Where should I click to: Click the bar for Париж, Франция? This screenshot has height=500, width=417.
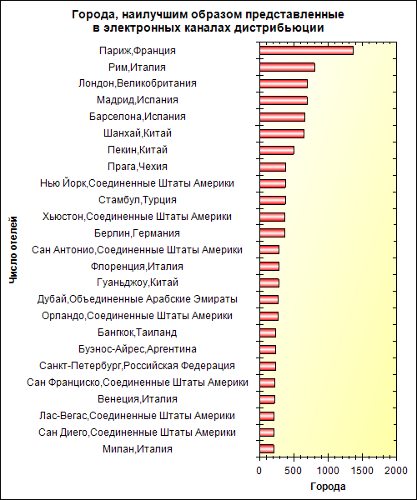point(306,51)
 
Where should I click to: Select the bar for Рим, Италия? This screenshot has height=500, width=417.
point(287,67)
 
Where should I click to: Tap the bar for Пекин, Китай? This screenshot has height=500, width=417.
point(277,150)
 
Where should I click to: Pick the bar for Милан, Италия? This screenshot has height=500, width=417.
point(267,449)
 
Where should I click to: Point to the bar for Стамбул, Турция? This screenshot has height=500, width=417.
point(273,200)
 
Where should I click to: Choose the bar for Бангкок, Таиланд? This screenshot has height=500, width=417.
point(268,332)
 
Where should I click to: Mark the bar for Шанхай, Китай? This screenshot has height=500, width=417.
point(282,133)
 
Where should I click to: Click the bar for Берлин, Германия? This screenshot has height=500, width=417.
point(272,233)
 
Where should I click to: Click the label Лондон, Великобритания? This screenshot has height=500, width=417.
point(138,83)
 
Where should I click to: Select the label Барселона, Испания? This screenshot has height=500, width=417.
point(138,117)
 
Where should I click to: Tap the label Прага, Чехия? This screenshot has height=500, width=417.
point(138,167)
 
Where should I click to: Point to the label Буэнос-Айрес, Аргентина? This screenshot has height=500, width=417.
point(138,349)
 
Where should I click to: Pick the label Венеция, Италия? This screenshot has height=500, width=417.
point(138,399)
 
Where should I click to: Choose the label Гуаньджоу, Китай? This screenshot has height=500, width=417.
point(138,282)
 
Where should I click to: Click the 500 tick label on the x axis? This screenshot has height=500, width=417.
point(294,471)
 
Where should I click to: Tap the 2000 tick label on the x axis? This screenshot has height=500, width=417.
point(395,471)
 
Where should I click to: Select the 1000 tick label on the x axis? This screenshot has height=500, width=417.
point(328,471)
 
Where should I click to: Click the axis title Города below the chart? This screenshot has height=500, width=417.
point(328,487)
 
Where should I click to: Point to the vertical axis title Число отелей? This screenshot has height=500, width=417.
point(13,250)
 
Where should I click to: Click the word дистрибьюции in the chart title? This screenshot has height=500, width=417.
point(279,28)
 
